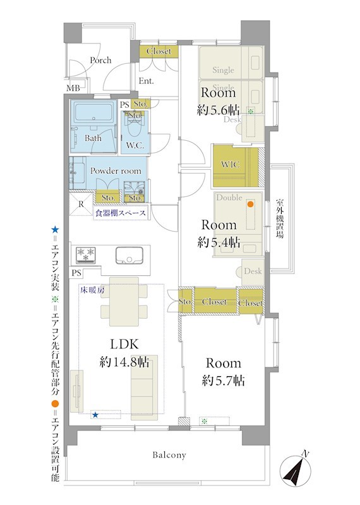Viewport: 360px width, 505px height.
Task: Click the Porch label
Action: click(100, 60)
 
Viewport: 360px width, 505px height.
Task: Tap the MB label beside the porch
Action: click(73, 88)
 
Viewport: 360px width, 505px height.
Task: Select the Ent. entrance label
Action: click(146, 81)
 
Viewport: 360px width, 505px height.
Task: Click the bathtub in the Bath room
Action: click(93, 112)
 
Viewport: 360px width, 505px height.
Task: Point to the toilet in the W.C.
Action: click(135, 129)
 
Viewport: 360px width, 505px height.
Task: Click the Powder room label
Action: click(116, 170)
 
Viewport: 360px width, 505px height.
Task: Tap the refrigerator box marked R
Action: click(81, 204)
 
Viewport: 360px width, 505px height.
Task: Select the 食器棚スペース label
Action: click(120, 213)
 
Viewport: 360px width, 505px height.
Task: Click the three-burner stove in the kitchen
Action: click(86, 254)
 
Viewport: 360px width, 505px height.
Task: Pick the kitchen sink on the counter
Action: click(129, 255)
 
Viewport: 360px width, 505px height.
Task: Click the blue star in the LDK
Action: click(95, 415)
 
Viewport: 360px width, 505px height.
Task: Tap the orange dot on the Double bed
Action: click(250, 204)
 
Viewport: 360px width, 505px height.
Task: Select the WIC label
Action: click(231, 164)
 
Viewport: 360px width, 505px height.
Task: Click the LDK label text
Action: click(124, 344)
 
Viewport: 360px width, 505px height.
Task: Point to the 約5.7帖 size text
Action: click(223, 381)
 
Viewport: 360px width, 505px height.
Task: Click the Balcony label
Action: click(169, 455)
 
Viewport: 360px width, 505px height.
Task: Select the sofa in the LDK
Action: click(144, 387)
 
